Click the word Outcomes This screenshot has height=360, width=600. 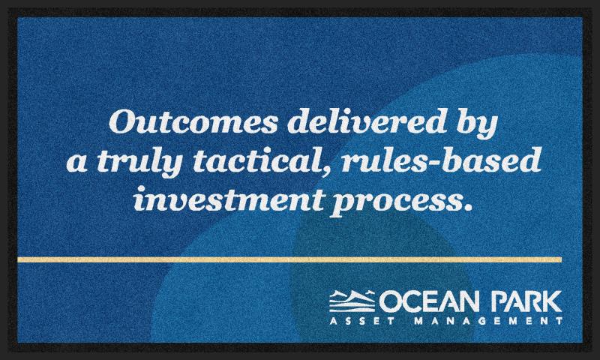[x=193, y=121]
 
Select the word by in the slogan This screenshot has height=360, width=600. [x=477, y=124]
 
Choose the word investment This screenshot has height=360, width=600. [x=229, y=198]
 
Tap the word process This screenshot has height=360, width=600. [x=396, y=202]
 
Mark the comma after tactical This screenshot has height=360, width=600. [x=326, y=170]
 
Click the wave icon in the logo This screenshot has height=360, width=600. [x=352, y=301]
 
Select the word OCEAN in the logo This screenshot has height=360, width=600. [x=428, y=301]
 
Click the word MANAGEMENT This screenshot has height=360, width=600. [x=488, y=320]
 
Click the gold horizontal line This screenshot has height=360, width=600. [x=289, y=259]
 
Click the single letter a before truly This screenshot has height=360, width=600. [x=76, y=163]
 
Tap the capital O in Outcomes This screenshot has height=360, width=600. [x=122, y=121]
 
